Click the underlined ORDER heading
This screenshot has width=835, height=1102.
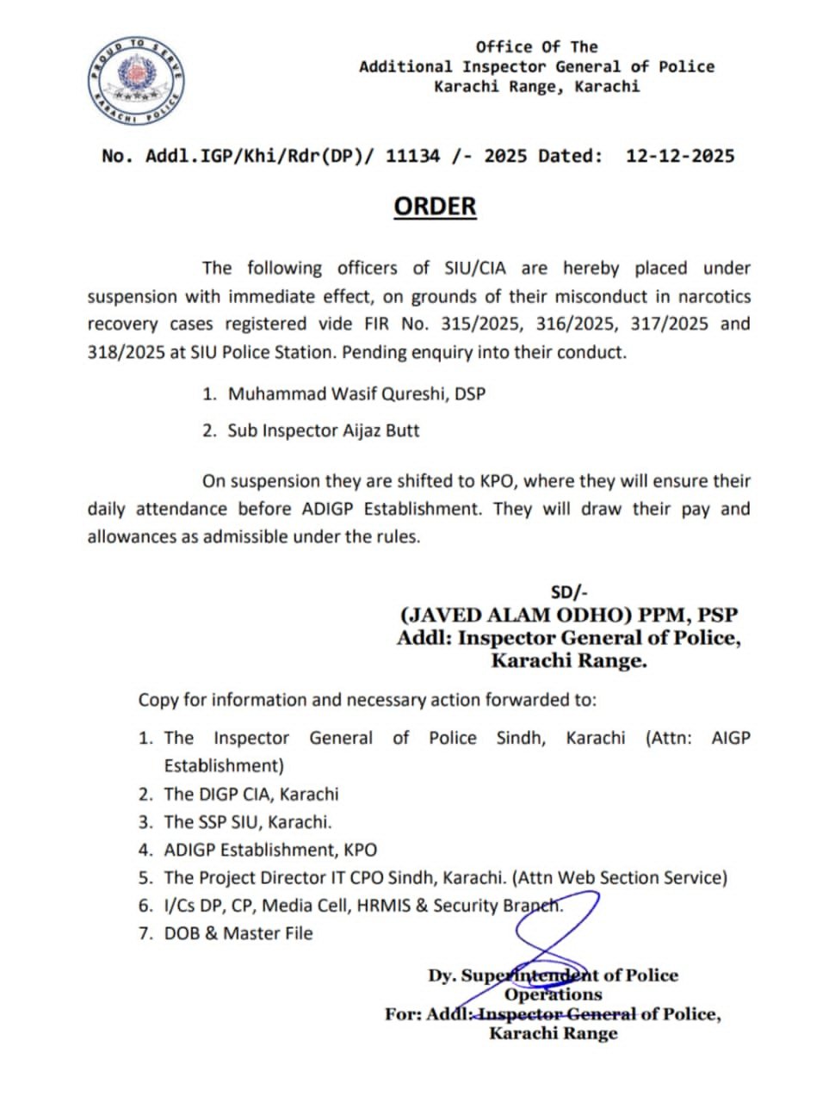435,207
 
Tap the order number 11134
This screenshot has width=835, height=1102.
412,156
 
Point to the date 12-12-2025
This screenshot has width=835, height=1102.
679,156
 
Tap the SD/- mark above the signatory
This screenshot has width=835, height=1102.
569,592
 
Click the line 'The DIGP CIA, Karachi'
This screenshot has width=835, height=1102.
251,794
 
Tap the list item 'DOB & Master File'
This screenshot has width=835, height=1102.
238,933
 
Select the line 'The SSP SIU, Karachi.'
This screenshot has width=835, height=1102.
248,822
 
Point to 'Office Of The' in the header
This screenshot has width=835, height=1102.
536,46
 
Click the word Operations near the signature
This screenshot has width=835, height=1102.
554,994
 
